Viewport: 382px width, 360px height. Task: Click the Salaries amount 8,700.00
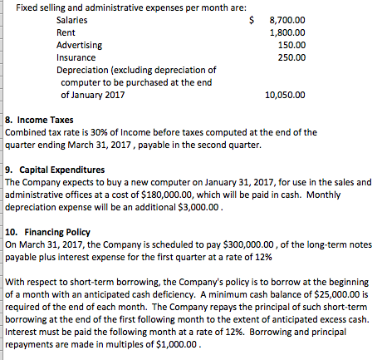point(289,18)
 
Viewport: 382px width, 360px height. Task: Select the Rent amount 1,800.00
point(289,32)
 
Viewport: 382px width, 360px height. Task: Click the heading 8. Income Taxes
point(40,120)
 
